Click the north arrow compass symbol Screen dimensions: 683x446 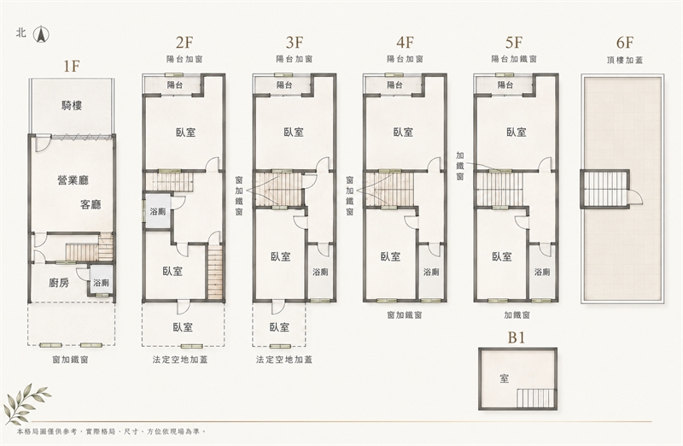[42, 34]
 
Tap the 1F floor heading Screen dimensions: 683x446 [72, 66]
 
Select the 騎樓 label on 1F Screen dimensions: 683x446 [72, 105]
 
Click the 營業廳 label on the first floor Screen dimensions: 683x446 [73, 179]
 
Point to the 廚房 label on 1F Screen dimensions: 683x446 [58, 283]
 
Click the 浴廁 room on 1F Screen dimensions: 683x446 [101, 283]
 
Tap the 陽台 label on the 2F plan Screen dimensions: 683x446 [174, 85]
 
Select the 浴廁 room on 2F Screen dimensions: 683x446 [157, 212]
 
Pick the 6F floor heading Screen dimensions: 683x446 [625, 43]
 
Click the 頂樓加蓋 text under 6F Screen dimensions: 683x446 [625, 60]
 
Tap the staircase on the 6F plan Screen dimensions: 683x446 [604, 189]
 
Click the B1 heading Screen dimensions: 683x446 [517, 337]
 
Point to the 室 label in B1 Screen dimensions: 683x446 [504, 378]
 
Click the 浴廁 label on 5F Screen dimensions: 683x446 [542, 272]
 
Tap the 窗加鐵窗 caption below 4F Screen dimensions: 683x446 [404, 314]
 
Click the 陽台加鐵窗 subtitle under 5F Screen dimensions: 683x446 [514, 59]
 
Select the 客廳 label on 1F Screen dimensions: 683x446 [90, 204]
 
